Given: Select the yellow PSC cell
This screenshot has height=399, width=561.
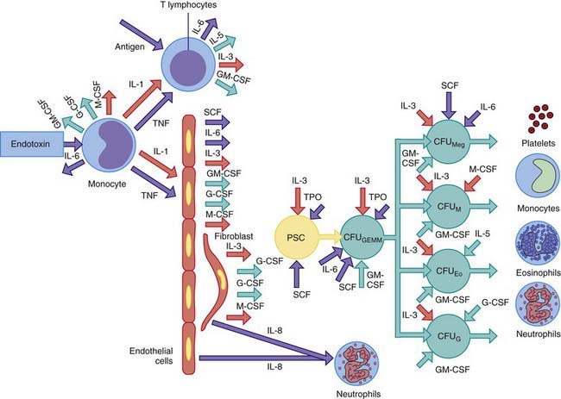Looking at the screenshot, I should tap(298, 243).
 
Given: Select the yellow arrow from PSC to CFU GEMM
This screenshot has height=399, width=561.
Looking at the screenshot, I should tap(332, 244).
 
